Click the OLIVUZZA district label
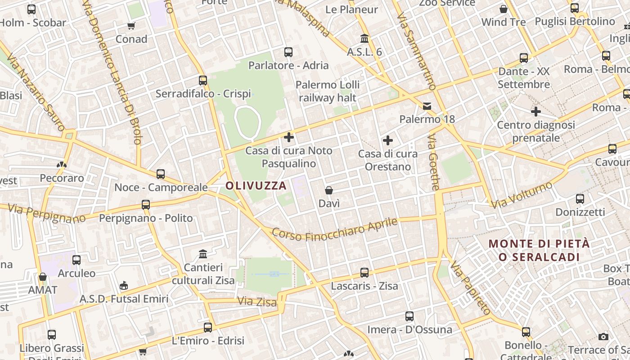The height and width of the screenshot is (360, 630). (x=256, y=186)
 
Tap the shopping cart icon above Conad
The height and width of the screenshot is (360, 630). (x=131, y=26)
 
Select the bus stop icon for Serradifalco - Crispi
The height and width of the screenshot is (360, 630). (x=203, y=81)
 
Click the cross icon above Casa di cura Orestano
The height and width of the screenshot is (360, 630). (x=387, y=140)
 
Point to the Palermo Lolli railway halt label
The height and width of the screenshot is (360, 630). (x=328, y=91)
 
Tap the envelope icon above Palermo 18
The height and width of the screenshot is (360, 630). (x=427, y=106)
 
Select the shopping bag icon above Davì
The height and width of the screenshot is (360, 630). (x=329, y=190)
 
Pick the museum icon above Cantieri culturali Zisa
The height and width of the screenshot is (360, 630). (x=203, y=254)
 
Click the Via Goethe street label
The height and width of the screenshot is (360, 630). (x=433, y=162)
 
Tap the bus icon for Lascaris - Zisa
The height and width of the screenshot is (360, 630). (x=364, y=273)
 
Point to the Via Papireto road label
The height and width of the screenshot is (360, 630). (x=470, y=288)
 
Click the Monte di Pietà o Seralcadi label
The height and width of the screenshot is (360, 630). (x=539, y=250)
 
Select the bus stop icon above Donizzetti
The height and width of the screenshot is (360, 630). (x=580, y=199)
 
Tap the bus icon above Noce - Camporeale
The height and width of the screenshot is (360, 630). (x=161, y=174)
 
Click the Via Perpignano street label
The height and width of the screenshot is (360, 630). (x=47, y=213)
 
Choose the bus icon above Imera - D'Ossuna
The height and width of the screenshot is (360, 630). (x=409, y=316)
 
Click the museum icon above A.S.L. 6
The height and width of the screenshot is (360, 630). (x=364, y=39)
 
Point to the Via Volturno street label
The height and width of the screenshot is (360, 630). (x=522, y=195)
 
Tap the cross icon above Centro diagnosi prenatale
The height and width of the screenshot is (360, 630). (x=535, y=111)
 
